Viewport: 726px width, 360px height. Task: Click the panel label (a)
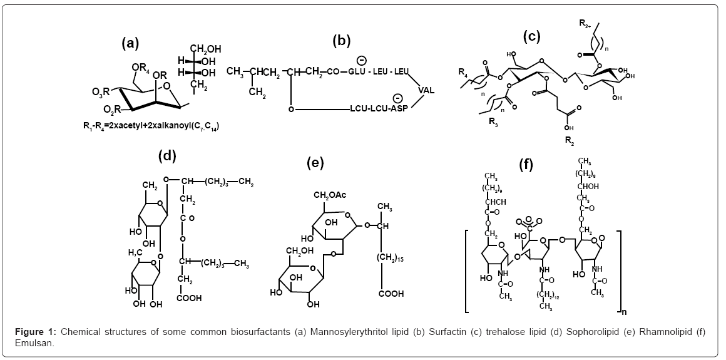click(x=130, y=43)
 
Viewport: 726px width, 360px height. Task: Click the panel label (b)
click(x=341, y=41)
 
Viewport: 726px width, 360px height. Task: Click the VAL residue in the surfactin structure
click(x=426, y=89)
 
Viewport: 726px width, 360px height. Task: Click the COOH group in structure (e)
click(x=389, y=292)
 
